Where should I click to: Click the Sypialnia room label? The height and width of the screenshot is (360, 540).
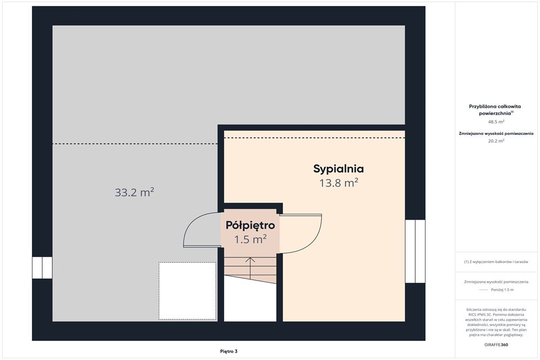[338, 169]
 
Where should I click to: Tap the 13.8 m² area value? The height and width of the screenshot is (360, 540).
[339, 183]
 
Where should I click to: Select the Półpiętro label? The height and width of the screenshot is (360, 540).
[251, 226]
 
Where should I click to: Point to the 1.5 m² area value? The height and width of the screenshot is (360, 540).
[251, 239]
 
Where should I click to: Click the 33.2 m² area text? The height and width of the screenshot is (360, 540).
[134, 192]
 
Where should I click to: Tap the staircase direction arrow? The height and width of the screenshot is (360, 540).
[251, 268]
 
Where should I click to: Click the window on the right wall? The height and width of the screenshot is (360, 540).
[415, 251]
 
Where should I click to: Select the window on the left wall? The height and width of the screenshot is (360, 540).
[42, 267]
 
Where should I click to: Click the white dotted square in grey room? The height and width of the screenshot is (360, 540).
[188, 291]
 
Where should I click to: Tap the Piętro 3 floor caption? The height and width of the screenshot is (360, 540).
[228, 351]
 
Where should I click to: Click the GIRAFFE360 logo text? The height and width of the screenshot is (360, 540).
[496, 344]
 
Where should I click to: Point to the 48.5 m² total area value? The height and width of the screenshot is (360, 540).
[496, 121]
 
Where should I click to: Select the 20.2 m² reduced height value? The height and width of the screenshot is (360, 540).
[496, 140]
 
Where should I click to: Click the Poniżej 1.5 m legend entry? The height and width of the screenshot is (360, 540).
[502, 290]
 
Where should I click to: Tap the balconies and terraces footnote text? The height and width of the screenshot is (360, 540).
[496, 262]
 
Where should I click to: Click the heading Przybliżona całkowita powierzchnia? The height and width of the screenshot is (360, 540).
[495, 110]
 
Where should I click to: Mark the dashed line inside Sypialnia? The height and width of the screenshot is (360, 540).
[314, 138]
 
